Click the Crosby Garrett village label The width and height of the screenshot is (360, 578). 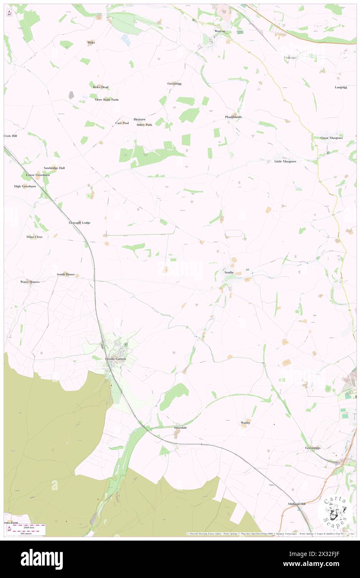[x=115, y=358]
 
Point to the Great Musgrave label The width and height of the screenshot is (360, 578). [x=331, y=138]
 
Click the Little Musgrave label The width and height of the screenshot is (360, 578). [x=285, y=161]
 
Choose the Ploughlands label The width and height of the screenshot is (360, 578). [x=233, y=117]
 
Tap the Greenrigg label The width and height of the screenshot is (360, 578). [x=175, y=84]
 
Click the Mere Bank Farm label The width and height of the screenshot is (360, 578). [x=107, y=100]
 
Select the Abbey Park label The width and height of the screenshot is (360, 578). [x=144, y=125]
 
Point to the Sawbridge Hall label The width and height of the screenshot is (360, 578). [x=54, y=168]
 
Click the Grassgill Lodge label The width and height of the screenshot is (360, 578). [x=79, y=223]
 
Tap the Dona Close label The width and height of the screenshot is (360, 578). [x=35, y=237]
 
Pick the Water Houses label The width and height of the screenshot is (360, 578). [x=30, y=282]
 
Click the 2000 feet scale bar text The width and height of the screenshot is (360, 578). [x=28, y=527]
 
